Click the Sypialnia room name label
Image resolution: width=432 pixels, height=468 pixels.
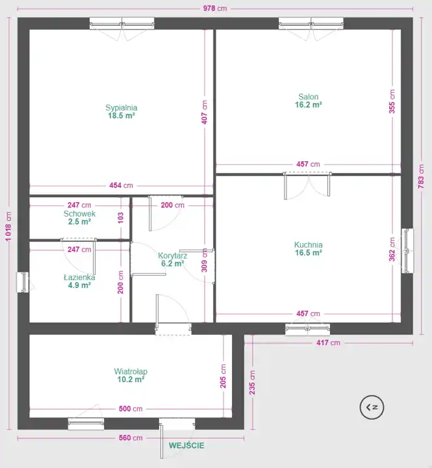pyautogui.click(x=121, y=108)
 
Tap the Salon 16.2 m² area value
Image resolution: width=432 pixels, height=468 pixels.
pyautogui.click(x=309, y=105)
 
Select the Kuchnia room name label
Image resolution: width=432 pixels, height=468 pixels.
pyautogui.click(x=308, y=245)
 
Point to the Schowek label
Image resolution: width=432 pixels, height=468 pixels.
pyautogui.click(x=79, y=214)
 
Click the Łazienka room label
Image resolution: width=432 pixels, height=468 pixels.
pyautogui.click(x=79, y=278)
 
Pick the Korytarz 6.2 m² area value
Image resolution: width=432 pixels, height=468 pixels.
pyautogui.click(x=172, y=263)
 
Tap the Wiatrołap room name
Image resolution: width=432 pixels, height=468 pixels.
pyautogui.click(x=131, y=372)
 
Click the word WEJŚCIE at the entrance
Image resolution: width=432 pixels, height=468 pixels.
pyautogui.click(x=186, y=446)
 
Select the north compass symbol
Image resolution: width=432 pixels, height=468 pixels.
pyautogui.click(x=372, y=407)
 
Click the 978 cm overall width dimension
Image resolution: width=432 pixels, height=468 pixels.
pyautogui.click(x=215, y=8)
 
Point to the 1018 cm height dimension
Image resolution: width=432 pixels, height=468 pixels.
pyautogui.click(x=8, y=226)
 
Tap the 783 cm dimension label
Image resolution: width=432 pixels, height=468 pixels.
pyautogui.click(x=421, y=176)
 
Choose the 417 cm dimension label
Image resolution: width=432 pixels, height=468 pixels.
pyautogui.click(x=328, y=343)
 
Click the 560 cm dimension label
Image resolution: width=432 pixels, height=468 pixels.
pyautogui.click(x=131, y=438)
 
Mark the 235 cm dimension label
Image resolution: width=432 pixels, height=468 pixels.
pyautogui.click(x=253, y=382)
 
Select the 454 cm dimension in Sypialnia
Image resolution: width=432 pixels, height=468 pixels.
pyautogui.click(x=121, y=185)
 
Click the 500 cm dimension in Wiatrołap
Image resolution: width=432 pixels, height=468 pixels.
pyautogui.click(x=131, y=409)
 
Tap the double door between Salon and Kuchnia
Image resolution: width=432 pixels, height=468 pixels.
pyautogui.click(x=307, y=185)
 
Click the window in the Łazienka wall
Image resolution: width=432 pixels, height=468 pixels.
pyautogui.click(x=23, y=282)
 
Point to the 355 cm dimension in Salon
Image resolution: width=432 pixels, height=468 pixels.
pyautogui.click(x=392, y=101)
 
